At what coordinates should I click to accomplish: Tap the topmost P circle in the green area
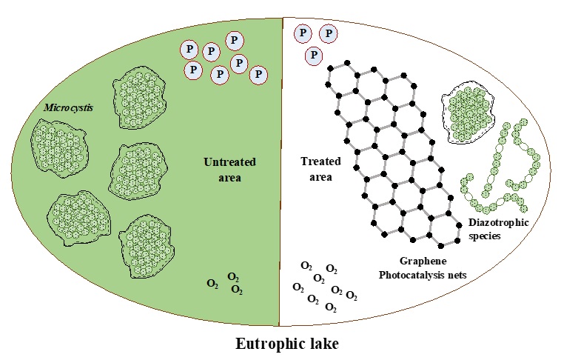tap(235, 40)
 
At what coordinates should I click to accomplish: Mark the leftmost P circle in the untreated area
tap(189, 50)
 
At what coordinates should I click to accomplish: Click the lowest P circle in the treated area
tap(314, 55)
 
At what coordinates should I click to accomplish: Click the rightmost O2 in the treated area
tap(352, 296)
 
